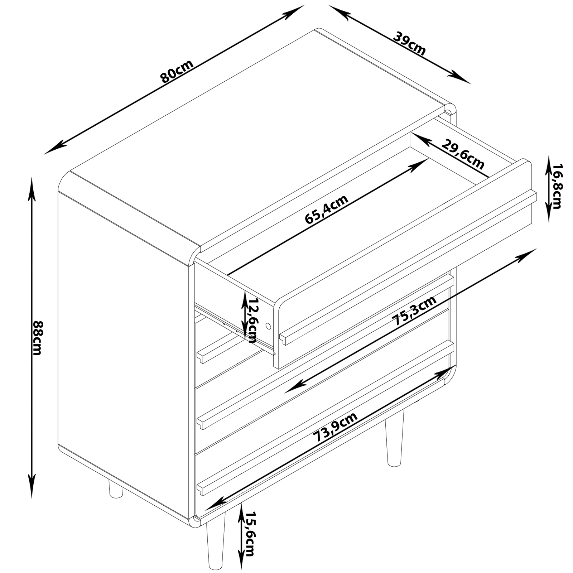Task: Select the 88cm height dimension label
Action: coord(37,338)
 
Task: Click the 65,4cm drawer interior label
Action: coord(326,210)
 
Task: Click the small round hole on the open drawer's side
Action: coord(268,326)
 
